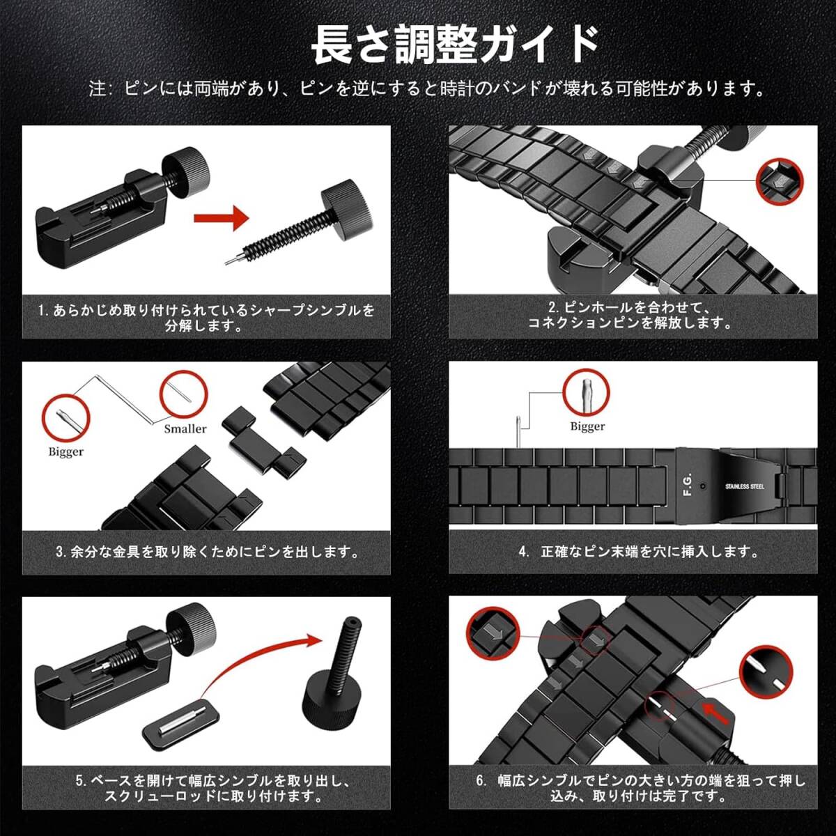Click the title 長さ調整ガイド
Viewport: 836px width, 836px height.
tap(456, 45)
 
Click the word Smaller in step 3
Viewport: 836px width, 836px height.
tap(185, 428)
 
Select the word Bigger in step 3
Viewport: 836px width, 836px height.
tap(66, 452)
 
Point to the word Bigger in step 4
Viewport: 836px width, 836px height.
tap(588, 426)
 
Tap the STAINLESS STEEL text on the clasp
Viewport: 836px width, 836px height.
tap(745, 486)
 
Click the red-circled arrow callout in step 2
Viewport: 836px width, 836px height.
tap(780, 181)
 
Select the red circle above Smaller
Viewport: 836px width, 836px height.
tap(183, 394)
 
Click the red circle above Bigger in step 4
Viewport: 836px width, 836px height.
tap(587, 393)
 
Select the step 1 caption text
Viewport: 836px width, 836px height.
tap(206, 318)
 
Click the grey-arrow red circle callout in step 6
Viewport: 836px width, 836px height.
tap(493, 634)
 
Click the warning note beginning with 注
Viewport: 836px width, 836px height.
tap(427, 89)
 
